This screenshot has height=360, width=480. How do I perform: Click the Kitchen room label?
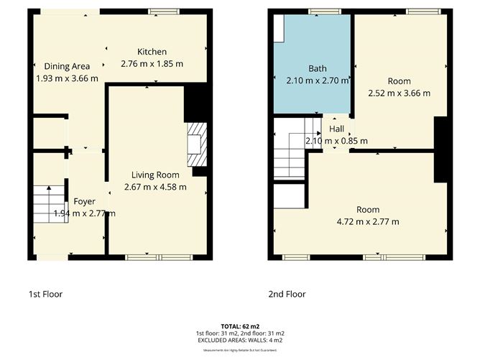152,52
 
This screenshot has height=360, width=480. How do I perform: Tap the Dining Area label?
66,66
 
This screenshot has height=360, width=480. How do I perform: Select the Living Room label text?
156,175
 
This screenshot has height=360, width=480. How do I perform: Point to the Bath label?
317,69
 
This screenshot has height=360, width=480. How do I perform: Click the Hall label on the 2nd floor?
336,129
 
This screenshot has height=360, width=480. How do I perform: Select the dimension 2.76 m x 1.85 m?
152,64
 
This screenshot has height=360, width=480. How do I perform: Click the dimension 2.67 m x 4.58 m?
156,187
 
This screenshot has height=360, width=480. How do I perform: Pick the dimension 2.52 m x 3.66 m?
399,93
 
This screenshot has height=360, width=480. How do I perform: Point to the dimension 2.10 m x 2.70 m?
317,80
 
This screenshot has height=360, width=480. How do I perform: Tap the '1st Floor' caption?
50,294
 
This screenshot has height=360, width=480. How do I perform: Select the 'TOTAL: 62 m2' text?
240,326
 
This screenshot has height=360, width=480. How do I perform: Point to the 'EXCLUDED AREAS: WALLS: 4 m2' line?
240,340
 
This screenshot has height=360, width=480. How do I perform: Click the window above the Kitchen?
163,11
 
